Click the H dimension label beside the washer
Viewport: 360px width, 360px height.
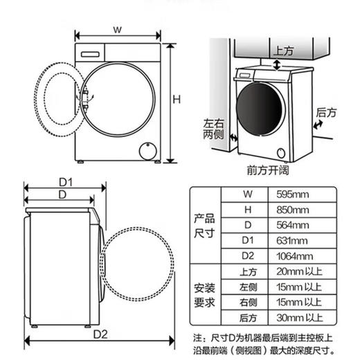pos(177,99)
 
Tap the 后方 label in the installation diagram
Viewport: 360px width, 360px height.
pos(325,111)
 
